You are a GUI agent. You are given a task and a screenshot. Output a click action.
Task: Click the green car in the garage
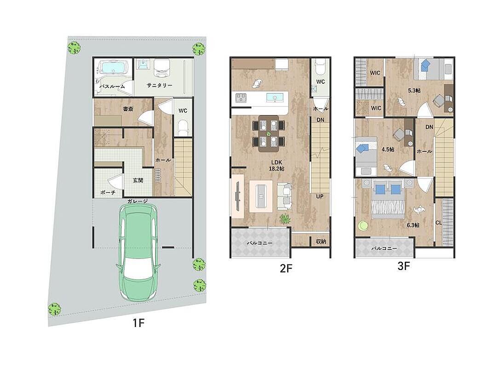[x=138, y=252]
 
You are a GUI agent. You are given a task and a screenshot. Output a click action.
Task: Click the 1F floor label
[x=139, y=323]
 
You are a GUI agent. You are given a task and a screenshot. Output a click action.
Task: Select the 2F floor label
[x=286, y=269]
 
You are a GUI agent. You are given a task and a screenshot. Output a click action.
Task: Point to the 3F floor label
[x=403, y=266]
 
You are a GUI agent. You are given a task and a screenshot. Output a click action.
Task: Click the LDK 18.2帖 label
[x=276, y=166]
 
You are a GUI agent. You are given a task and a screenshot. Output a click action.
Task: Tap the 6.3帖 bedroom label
[x=413, y=225]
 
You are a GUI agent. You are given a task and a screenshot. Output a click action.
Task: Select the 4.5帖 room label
[x=388, y=149]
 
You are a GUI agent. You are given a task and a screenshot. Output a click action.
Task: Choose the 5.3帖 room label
[x=414, y=91]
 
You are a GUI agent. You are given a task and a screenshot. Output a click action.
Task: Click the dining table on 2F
[x=268, y=133]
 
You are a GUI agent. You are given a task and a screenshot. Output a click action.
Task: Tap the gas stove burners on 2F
[x=241, y=97]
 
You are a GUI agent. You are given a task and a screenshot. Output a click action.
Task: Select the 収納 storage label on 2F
[x=321, y=241]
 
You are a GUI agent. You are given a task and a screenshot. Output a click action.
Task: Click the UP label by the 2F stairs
[x=320, y=196]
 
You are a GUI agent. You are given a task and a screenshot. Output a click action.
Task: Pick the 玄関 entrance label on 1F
[x=138, y=180]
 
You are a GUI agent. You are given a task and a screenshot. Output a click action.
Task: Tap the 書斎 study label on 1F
[x=128, y=109]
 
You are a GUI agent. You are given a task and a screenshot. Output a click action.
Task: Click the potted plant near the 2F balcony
[x=284, y=219]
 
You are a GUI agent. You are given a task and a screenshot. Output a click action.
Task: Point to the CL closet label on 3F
[x=438, y=223]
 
